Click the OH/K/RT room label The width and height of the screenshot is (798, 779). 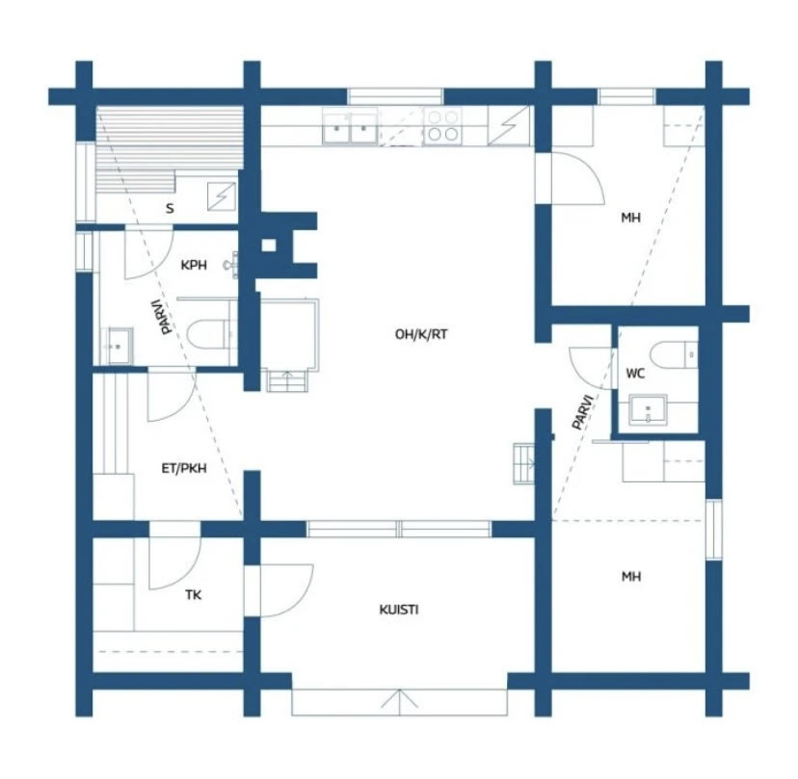421,334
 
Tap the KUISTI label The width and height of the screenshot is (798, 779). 398,610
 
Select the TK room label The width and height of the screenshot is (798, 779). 193,594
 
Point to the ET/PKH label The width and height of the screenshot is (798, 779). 184,468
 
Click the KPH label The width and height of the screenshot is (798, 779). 194,265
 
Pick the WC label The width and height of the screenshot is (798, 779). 635,374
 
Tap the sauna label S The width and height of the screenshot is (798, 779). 170,208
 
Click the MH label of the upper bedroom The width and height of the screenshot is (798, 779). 630,218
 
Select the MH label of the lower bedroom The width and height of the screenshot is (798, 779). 631,576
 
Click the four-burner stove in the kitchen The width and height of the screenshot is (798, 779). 442,125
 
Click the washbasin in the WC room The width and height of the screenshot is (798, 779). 648,410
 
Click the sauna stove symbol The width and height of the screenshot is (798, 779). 222,196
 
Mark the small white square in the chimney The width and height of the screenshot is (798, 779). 269,247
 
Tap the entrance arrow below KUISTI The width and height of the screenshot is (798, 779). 400,701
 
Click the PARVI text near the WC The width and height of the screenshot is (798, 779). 583,412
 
